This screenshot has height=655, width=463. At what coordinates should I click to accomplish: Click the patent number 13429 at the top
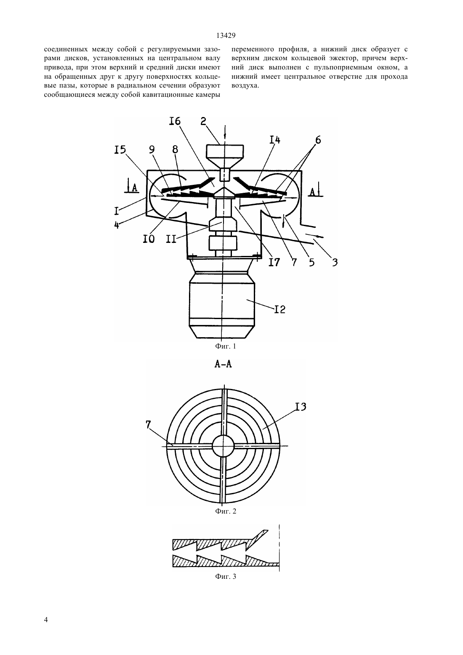tap(226, 36)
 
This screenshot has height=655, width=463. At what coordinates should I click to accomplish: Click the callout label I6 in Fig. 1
tap(175, 121)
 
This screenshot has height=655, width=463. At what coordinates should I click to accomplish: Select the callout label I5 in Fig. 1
tap(120, 150)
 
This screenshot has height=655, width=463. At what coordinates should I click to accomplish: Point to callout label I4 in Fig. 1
tap(274, 140)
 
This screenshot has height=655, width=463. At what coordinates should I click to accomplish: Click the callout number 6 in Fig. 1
tap(318, 140)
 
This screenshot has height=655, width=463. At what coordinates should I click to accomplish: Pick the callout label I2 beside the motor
tap(279, 309)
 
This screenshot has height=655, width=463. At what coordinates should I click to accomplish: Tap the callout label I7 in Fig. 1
tap(274, 262)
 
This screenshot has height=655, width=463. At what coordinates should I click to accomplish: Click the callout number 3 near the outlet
tap(335, 262)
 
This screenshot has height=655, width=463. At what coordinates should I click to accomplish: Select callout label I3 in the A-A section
tap(300, 407)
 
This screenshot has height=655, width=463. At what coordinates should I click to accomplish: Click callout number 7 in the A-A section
tap(148, 425)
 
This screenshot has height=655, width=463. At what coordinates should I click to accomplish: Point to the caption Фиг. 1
tap(225, 346)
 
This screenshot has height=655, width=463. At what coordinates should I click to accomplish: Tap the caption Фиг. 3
tap(225, 577)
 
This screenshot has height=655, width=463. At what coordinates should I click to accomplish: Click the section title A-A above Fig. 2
tap(224, 364)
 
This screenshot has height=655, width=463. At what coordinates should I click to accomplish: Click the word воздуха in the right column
tap(245, 86)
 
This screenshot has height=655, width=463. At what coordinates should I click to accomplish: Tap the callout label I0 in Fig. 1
tap(149, 239)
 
